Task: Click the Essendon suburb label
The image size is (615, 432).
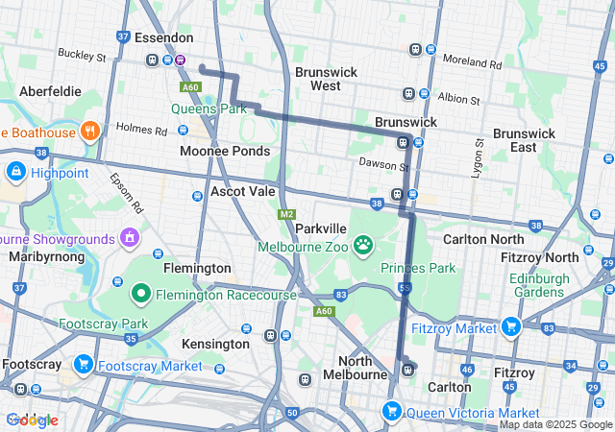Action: [x=163, y=38]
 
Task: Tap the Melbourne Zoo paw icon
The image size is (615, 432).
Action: [x=363, y=246]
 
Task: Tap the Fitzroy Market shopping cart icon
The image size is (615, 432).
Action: [x=510, y=327]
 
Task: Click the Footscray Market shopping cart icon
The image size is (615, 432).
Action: [x=84, y=365]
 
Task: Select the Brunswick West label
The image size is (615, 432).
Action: [x=325, y=79]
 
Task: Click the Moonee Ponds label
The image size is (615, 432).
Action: [x=224, y=152]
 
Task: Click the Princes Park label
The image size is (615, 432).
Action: [x=418, y=267]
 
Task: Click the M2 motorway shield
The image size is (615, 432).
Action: [x=286, y=213]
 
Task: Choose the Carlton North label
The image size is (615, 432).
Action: [x=484, y=238]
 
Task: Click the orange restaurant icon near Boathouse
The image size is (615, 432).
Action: [x=89, y=131]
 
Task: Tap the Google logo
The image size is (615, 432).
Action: [x=32, y=420]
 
